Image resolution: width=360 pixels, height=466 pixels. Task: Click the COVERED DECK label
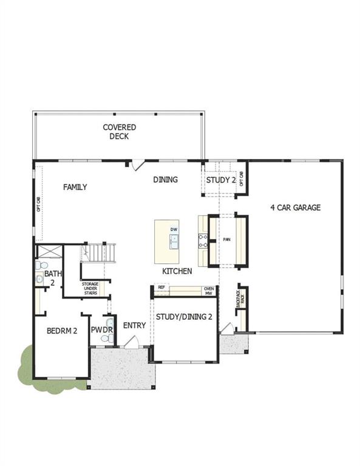click(x=119, y=132)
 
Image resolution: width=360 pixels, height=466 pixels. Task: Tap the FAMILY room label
click(x=75, y=187)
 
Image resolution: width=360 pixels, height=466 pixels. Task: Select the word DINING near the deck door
click(x=165, y=180)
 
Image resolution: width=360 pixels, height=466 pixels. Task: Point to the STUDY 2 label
click(x=220, y=180)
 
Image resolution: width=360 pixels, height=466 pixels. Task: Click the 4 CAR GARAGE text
click(x=295, y=208)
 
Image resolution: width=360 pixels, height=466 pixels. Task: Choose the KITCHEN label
click(x=177, y=271)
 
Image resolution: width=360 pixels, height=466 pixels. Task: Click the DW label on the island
click(x=174, y=229)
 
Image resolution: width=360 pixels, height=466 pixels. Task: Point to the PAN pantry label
click(x=227, y=240)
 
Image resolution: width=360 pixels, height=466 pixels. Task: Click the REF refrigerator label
click(x=161, y=287)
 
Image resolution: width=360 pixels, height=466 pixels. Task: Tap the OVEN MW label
click(x=208, y=291)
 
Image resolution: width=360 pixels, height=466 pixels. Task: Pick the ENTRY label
click(x=134, y=326)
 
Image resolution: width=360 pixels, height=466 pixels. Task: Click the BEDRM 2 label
click(x=62, y=331)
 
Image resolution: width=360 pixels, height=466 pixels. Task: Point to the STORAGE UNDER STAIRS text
click(x=90, y=288)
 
